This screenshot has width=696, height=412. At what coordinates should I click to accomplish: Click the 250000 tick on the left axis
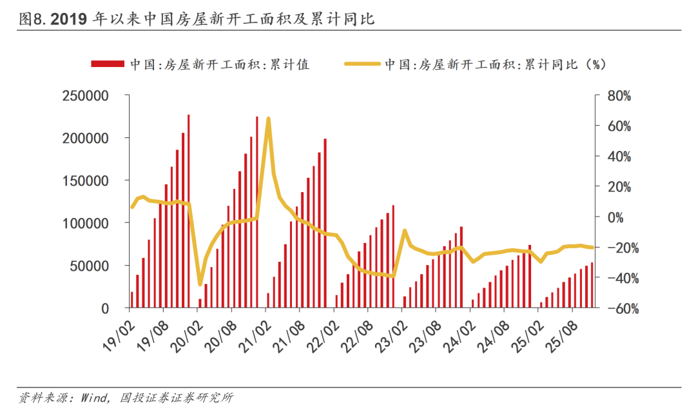click(x=86, y=96)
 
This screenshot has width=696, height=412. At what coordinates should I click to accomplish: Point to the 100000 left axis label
click(x=86, y=223)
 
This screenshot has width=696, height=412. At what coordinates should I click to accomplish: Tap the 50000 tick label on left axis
click(x=90, y=266)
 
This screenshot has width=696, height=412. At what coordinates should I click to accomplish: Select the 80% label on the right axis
click(x=619, y=96)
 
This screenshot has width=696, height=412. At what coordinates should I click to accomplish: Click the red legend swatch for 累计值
click(x=107, y=64)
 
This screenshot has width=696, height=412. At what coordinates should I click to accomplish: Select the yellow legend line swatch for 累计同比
click(x=363, y=64)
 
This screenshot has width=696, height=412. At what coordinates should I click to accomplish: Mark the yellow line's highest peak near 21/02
click(x=268, y=119)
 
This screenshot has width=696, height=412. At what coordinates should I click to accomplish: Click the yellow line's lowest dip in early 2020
click(x=200, y=284)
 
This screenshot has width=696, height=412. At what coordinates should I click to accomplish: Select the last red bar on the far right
click(x=592, y=285)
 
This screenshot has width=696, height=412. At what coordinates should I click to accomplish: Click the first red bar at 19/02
click(x=131, y=300)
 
